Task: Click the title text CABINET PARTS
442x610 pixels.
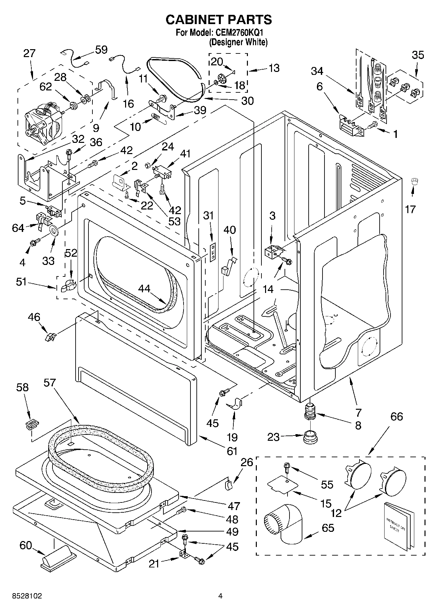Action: [x=219, y=20]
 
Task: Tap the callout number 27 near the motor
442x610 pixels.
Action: [x=29, y=53]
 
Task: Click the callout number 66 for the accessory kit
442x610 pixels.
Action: [x=396, y=416]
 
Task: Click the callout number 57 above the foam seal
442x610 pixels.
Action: [x=50, y=383]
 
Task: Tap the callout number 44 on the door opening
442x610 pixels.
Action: [x=144, y=289]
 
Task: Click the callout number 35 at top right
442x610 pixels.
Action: [x=418, y=55]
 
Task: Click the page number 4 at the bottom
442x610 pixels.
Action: [x=221, y=596]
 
